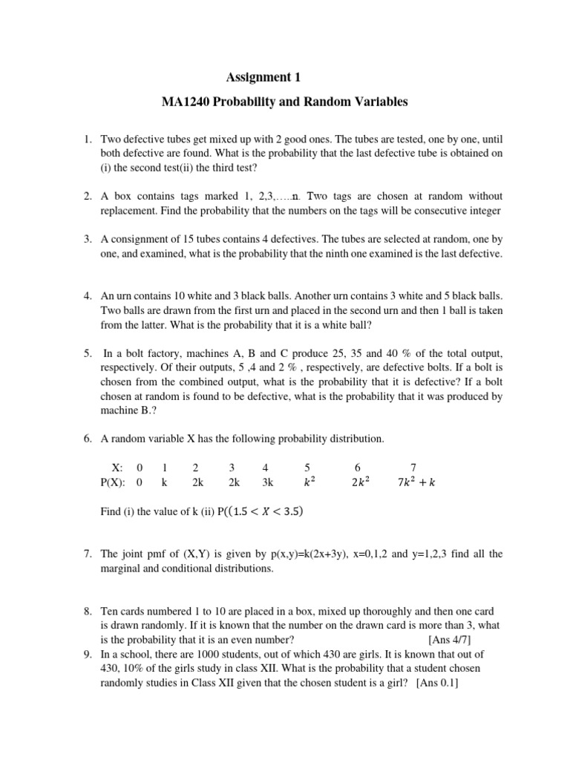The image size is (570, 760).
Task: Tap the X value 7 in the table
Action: coord(413,468)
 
